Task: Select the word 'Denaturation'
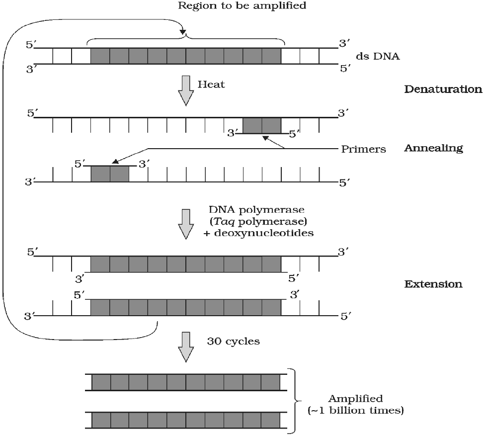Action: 443,89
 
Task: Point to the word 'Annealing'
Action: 433,148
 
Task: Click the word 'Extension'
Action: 433,284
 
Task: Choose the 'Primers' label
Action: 363,149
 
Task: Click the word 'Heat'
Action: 211,85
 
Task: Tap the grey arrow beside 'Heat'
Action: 186,89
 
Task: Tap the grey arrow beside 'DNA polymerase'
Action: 186,224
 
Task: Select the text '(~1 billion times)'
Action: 355,411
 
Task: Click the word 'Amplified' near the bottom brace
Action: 355,399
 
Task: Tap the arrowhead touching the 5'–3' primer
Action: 115,161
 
